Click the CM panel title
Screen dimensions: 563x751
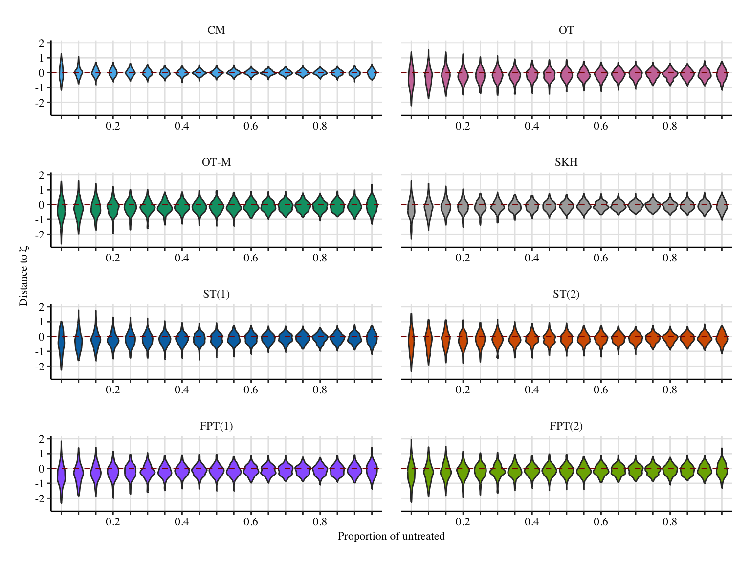(216, 30)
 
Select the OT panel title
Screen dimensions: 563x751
(566, 30)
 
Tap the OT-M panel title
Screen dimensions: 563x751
(216, 162)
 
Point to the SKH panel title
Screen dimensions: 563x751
(566, 162)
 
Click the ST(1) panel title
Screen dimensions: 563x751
(216, 294)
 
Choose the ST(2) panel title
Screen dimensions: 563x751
(566, 294)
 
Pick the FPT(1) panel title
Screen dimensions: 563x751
(216, 426)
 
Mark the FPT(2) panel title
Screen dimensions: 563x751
(566, 426)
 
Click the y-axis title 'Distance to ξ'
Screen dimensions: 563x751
(23, 276)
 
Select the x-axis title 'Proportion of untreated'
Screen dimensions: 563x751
(391, 536)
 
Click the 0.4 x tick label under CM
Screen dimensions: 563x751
(182, 126)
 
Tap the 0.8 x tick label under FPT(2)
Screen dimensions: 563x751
(670, 521)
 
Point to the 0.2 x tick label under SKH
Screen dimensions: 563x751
(463, 258)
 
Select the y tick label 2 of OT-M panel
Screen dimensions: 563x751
(42, 175)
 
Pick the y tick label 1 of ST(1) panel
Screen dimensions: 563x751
(42, 322)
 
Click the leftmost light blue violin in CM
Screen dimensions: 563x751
(61, 72)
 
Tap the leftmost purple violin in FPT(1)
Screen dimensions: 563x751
(61, 472)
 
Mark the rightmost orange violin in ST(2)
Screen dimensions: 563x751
(722, 338)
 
